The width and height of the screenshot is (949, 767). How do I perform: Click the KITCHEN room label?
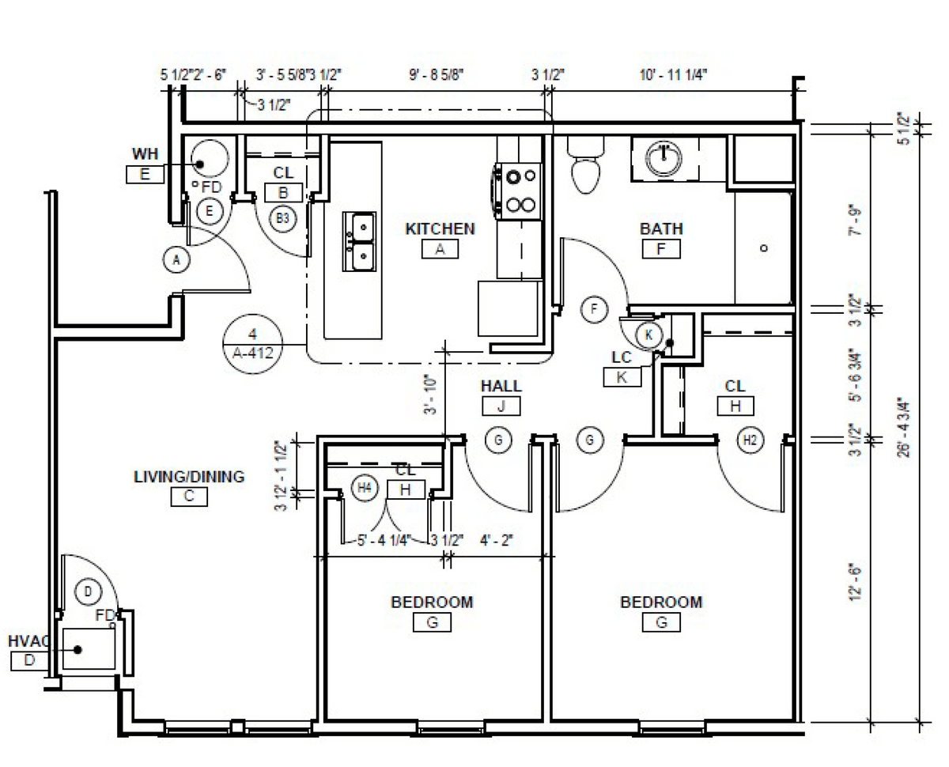tap(440, 229)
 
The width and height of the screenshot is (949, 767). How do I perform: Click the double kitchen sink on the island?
tap(358, 241)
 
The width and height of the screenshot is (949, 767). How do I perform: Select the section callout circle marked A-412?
tap(253, 343)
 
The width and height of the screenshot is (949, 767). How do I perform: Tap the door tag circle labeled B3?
tap(282, 219)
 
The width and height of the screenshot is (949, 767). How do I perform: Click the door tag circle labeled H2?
tap(750, 440)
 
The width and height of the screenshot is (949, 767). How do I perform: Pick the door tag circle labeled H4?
tap(364, 488)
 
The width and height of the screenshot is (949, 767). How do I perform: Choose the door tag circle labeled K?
tap(648, 334)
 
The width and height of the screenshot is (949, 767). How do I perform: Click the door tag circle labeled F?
tap(593, 309)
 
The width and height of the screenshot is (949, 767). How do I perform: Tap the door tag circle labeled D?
tap(89, 591)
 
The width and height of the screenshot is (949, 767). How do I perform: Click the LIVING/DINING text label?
tap(189, 477)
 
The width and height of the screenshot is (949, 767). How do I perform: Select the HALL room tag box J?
tap(501, 406)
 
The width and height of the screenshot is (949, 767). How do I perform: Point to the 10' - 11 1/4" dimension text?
tap(673, 75)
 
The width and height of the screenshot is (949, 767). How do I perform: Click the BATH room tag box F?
tap(661, 250)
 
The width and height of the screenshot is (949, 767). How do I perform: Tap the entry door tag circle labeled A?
tap(177, 259)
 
